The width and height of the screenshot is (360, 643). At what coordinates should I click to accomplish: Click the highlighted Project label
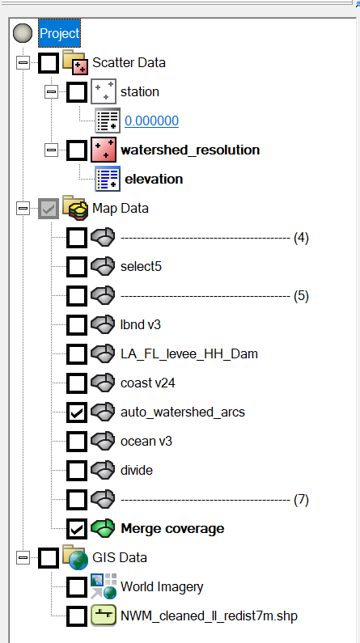pos(60,33)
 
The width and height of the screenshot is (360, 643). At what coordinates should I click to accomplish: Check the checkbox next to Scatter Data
pos(49,62)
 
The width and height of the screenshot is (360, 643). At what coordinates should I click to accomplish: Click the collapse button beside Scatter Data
pos(22,62)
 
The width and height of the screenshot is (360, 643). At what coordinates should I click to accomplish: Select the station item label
pos(139,91)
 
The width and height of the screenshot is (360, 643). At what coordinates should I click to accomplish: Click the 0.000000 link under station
pos(151,121)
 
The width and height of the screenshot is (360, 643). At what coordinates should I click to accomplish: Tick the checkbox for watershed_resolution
pos(76,150)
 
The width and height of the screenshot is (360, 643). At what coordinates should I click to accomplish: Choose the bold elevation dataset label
pos(152,179)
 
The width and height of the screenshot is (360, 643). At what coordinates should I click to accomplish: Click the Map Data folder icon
pos(75,208)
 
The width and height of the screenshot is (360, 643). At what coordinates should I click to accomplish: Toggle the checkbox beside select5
pos(76,266)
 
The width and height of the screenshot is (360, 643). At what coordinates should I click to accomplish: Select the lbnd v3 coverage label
pos(143,324)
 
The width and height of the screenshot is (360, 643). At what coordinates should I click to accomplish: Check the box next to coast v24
pos(76,383)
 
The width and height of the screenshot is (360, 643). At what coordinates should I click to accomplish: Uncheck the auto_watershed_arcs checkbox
pos(76,412)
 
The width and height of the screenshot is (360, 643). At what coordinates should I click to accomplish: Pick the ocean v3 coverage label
pos(146,441)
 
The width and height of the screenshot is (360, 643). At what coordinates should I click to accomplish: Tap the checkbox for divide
pos(76,470)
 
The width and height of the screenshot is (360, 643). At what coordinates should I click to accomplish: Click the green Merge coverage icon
pos(102,528)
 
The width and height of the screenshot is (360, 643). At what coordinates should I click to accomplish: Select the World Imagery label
pos(162,586)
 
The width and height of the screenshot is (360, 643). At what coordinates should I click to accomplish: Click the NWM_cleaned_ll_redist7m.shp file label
pos(209,616)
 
